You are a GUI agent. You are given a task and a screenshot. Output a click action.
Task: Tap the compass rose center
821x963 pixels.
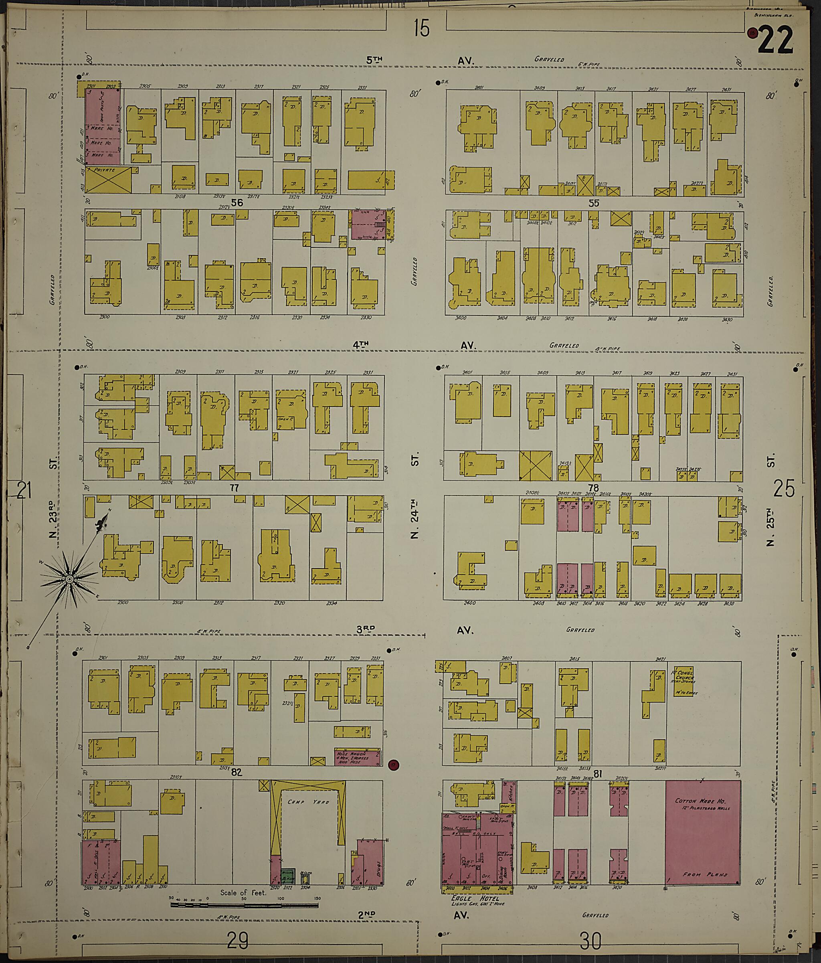69,579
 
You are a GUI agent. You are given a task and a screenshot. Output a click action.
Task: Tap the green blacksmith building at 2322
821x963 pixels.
287,876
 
